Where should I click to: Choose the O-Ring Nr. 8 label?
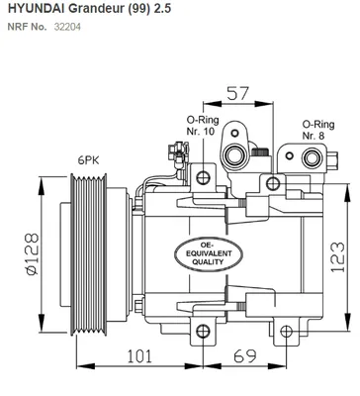point(314,129)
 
